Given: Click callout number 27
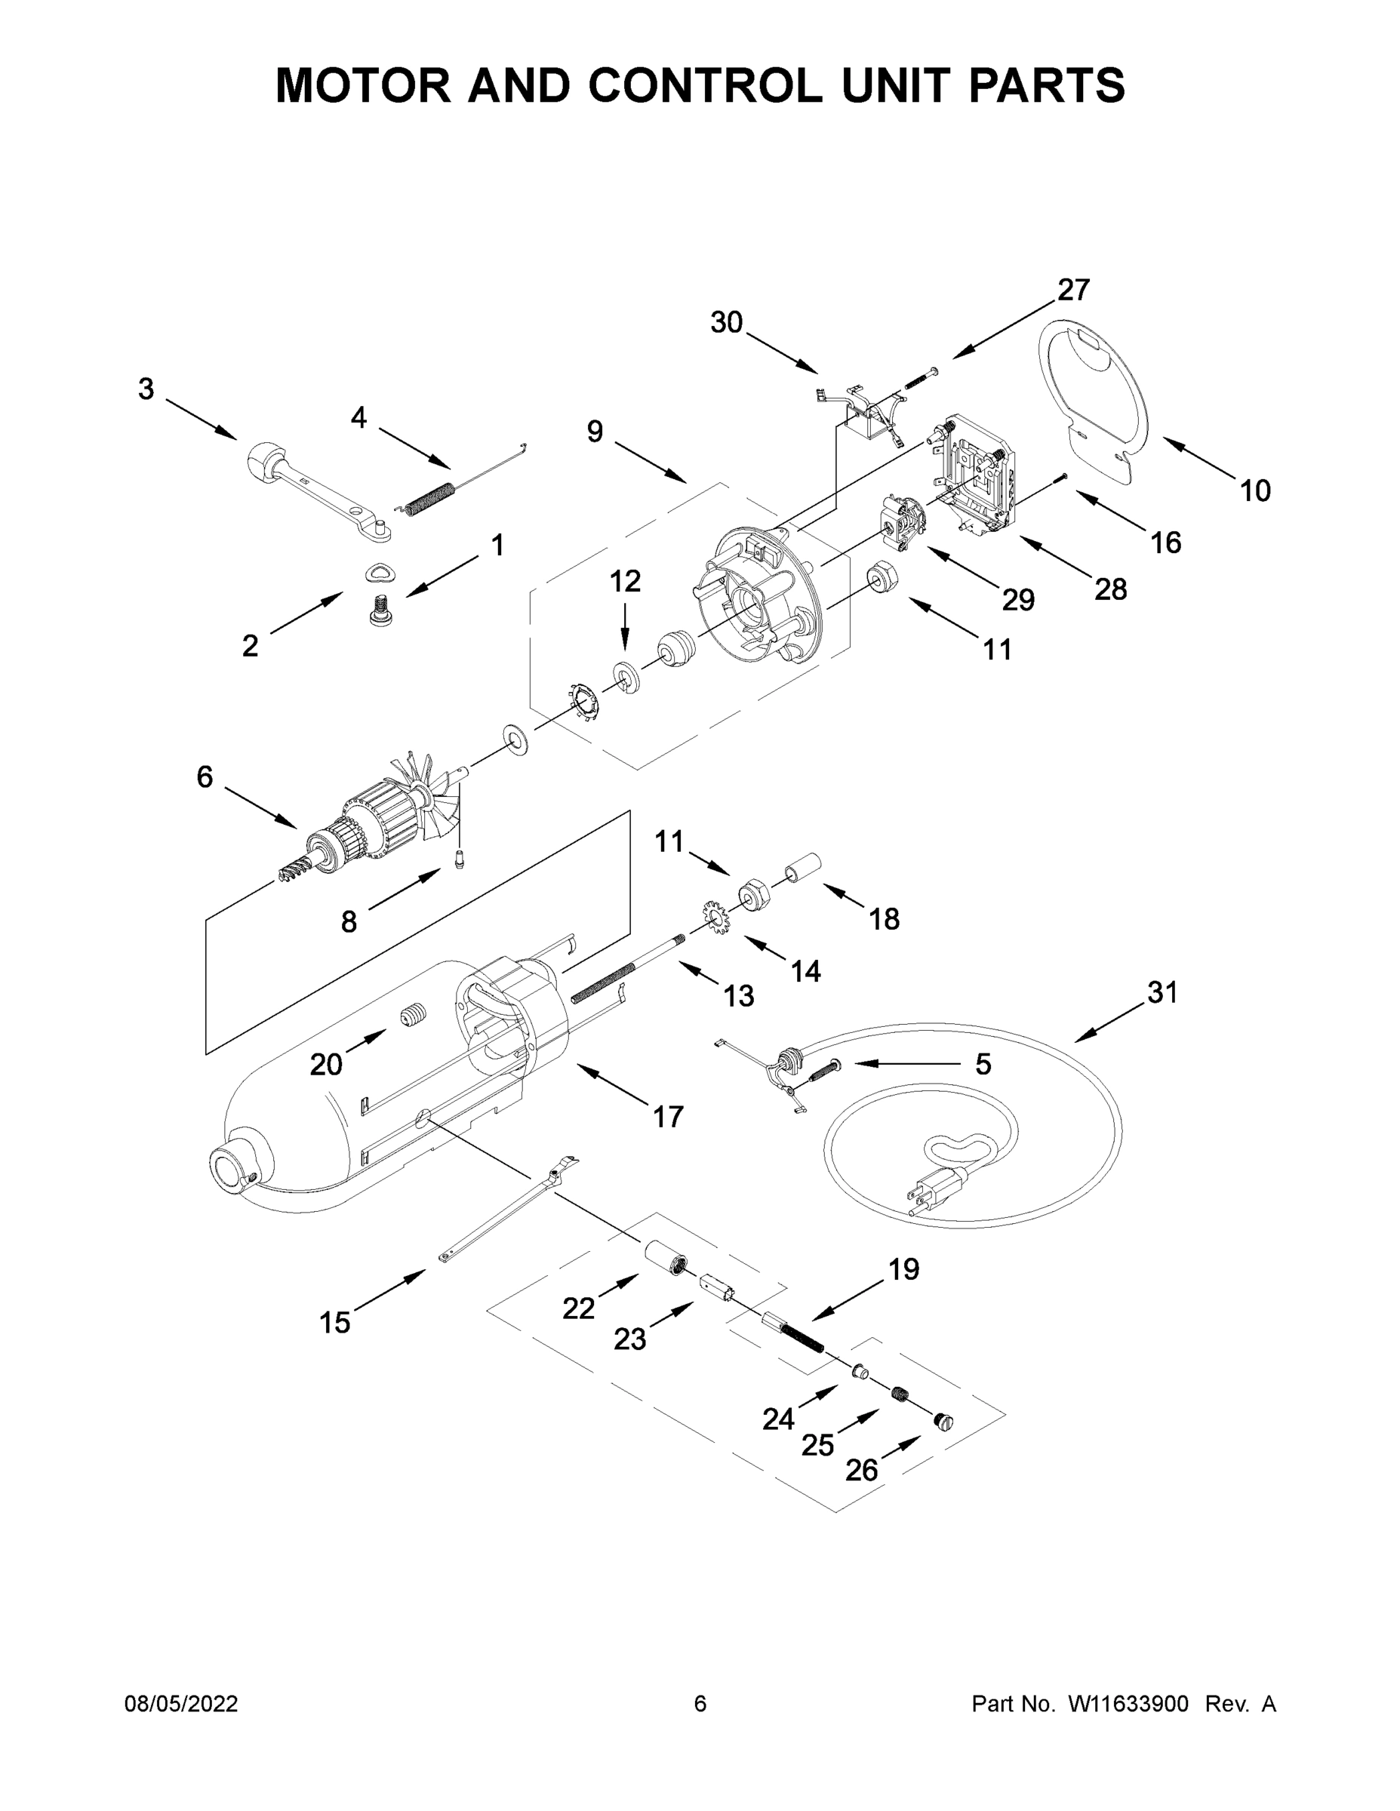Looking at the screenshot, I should click(x=1072, y=291).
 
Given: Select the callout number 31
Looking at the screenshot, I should click(x=1162, y=992).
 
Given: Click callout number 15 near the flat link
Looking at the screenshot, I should click(x=334, y=1322).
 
